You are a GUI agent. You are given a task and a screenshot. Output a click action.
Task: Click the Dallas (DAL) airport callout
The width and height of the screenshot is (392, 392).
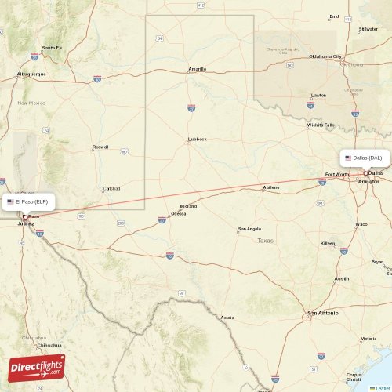point(365,158)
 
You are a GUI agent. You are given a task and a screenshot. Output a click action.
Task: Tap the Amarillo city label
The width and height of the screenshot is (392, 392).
point(197,69)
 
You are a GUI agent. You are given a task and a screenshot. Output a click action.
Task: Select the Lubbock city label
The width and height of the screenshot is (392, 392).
point(197,140)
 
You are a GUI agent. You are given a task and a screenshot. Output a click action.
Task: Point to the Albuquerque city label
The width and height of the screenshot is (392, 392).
point(31,74)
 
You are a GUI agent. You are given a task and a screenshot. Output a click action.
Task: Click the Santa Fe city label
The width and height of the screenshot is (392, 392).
point(52,48)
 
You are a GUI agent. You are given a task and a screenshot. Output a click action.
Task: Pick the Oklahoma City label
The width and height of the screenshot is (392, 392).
point(325,56)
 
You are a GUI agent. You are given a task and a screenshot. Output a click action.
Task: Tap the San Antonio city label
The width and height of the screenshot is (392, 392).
point(323,313)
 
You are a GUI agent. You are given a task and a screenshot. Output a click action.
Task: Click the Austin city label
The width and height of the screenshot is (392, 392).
point(342,279)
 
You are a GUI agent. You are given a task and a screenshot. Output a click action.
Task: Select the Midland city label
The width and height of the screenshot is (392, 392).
point(188,206)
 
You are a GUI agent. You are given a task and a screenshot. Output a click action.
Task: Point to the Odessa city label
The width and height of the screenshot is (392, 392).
point(179,213)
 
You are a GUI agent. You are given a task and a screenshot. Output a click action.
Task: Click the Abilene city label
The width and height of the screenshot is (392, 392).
point(271,187)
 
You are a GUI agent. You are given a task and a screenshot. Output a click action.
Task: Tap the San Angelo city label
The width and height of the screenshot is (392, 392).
point(249,230)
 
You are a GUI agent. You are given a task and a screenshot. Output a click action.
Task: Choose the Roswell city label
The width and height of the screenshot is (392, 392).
point(100,147)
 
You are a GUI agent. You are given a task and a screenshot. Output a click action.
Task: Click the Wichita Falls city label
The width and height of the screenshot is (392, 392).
point(320,125)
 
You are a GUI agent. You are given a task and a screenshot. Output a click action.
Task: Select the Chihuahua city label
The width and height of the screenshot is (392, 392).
point(49,345)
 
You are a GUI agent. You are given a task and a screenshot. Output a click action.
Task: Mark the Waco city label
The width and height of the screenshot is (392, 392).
point(361,224)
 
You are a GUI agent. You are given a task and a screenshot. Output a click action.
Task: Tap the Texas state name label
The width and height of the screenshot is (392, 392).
point(266,241)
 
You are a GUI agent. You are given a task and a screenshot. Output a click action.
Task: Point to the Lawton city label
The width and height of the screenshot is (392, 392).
point(318,96)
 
